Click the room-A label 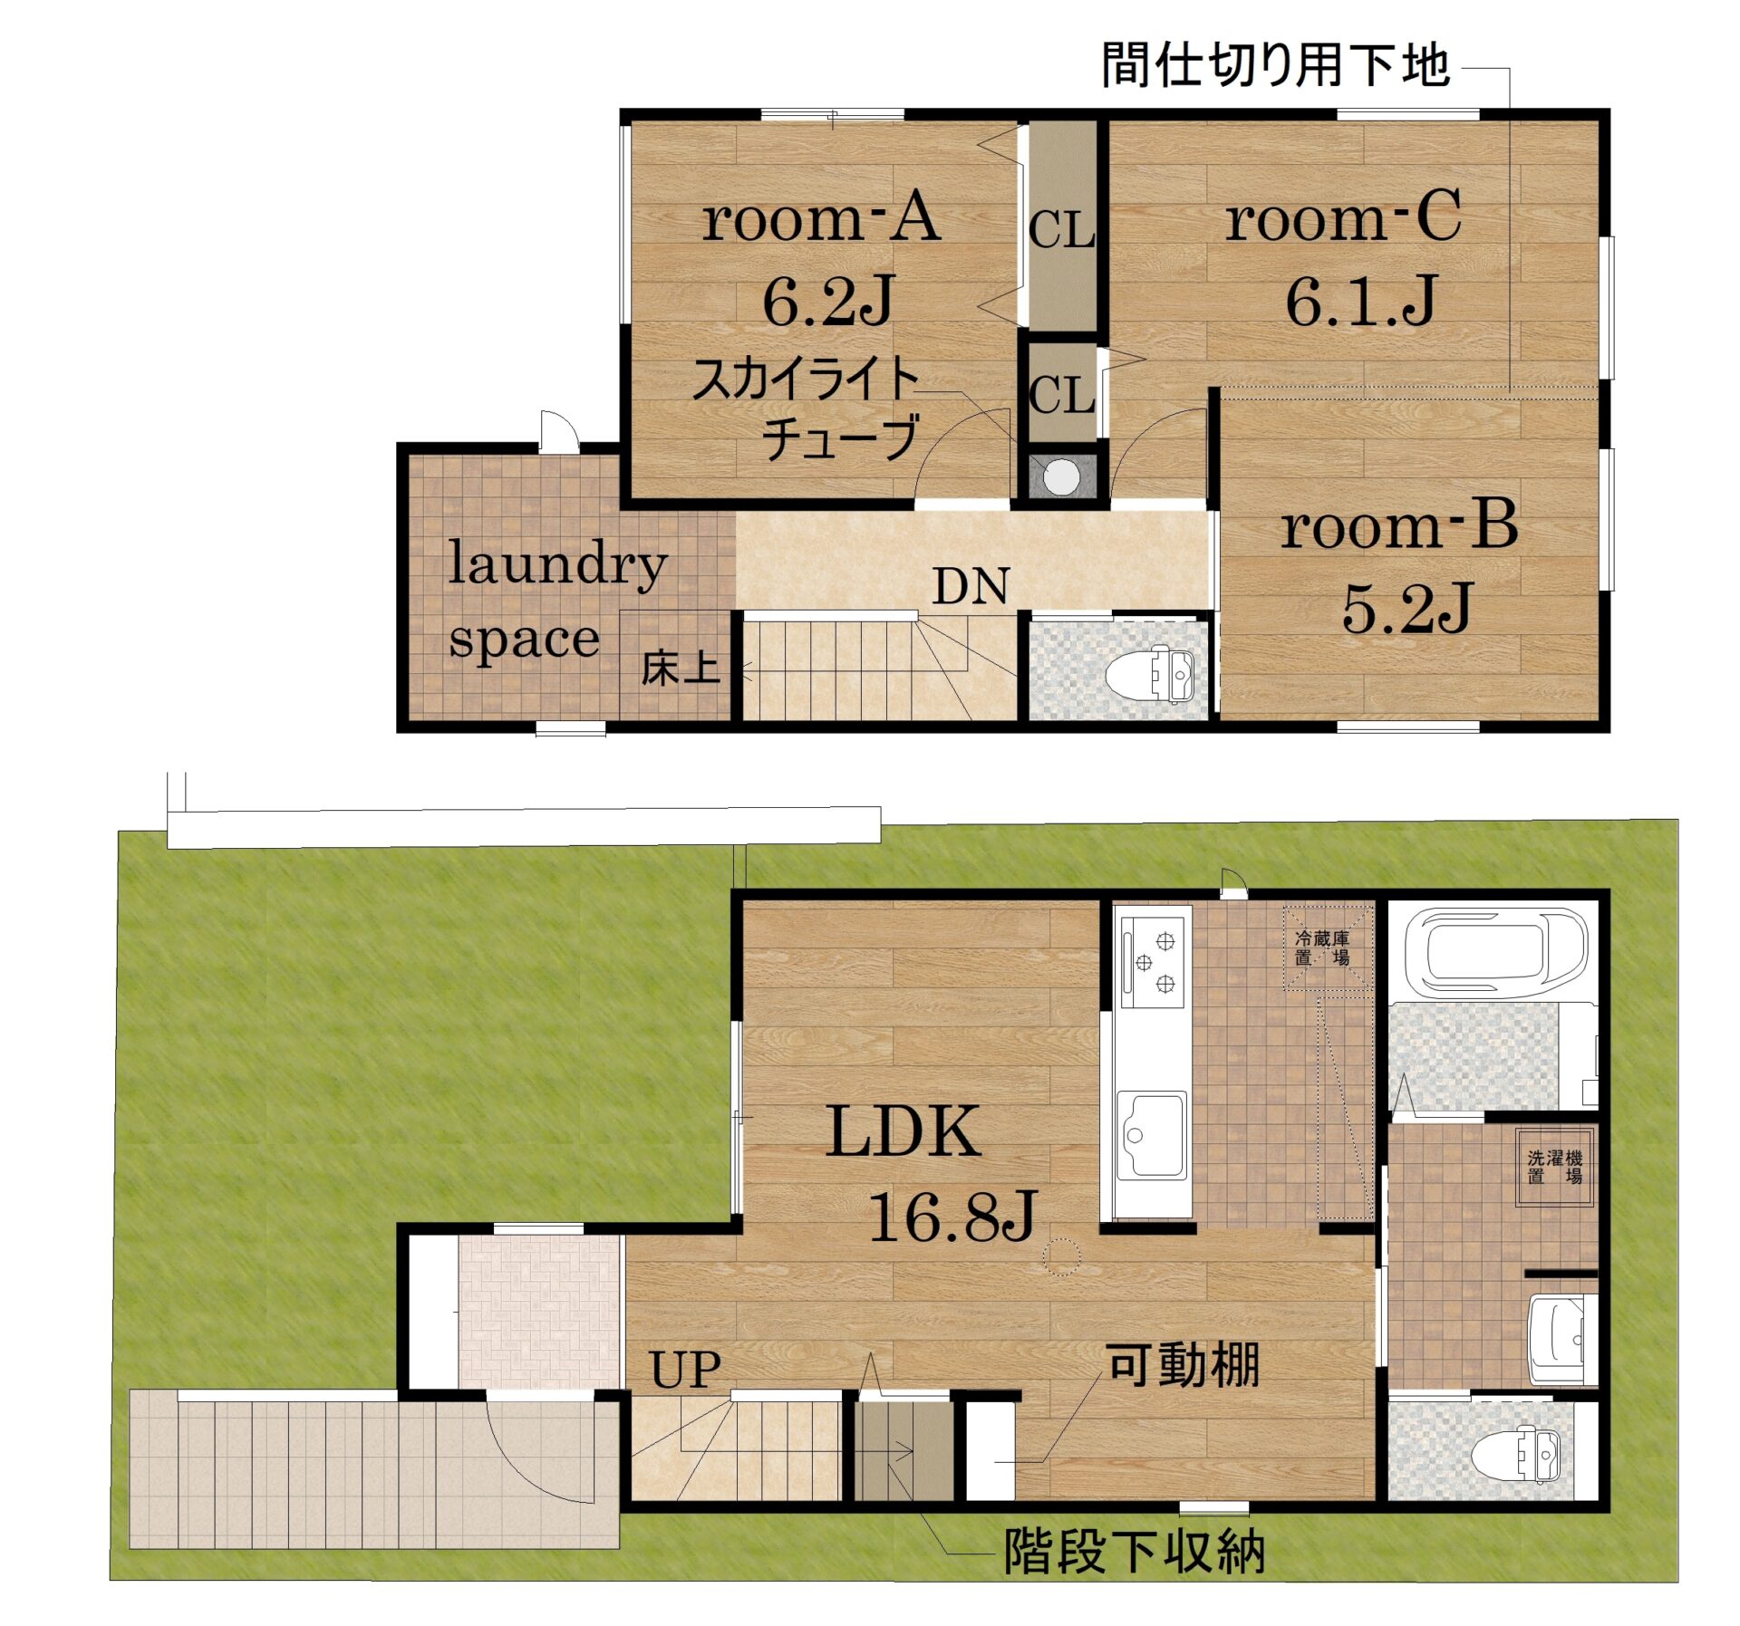pos(821,218)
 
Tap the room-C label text pos(1342,218)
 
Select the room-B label pos(1398,526)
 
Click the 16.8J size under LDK pos(952,1217)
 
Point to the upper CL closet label pos(1061,230)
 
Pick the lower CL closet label pos(1061,396)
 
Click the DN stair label pos(970,587)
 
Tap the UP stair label pos(685,1370)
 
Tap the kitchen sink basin pos(1151,1135)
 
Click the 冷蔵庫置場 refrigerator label pos(1321,948)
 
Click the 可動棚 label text pos(1183,1365)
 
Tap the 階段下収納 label pos(1134,1552)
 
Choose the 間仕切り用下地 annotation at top pos(1275,65)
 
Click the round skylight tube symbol pos(1061,476)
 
